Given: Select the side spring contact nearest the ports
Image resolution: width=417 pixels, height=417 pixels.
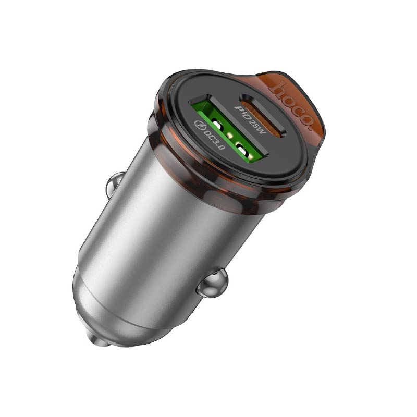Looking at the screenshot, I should (x=116, y=182).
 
